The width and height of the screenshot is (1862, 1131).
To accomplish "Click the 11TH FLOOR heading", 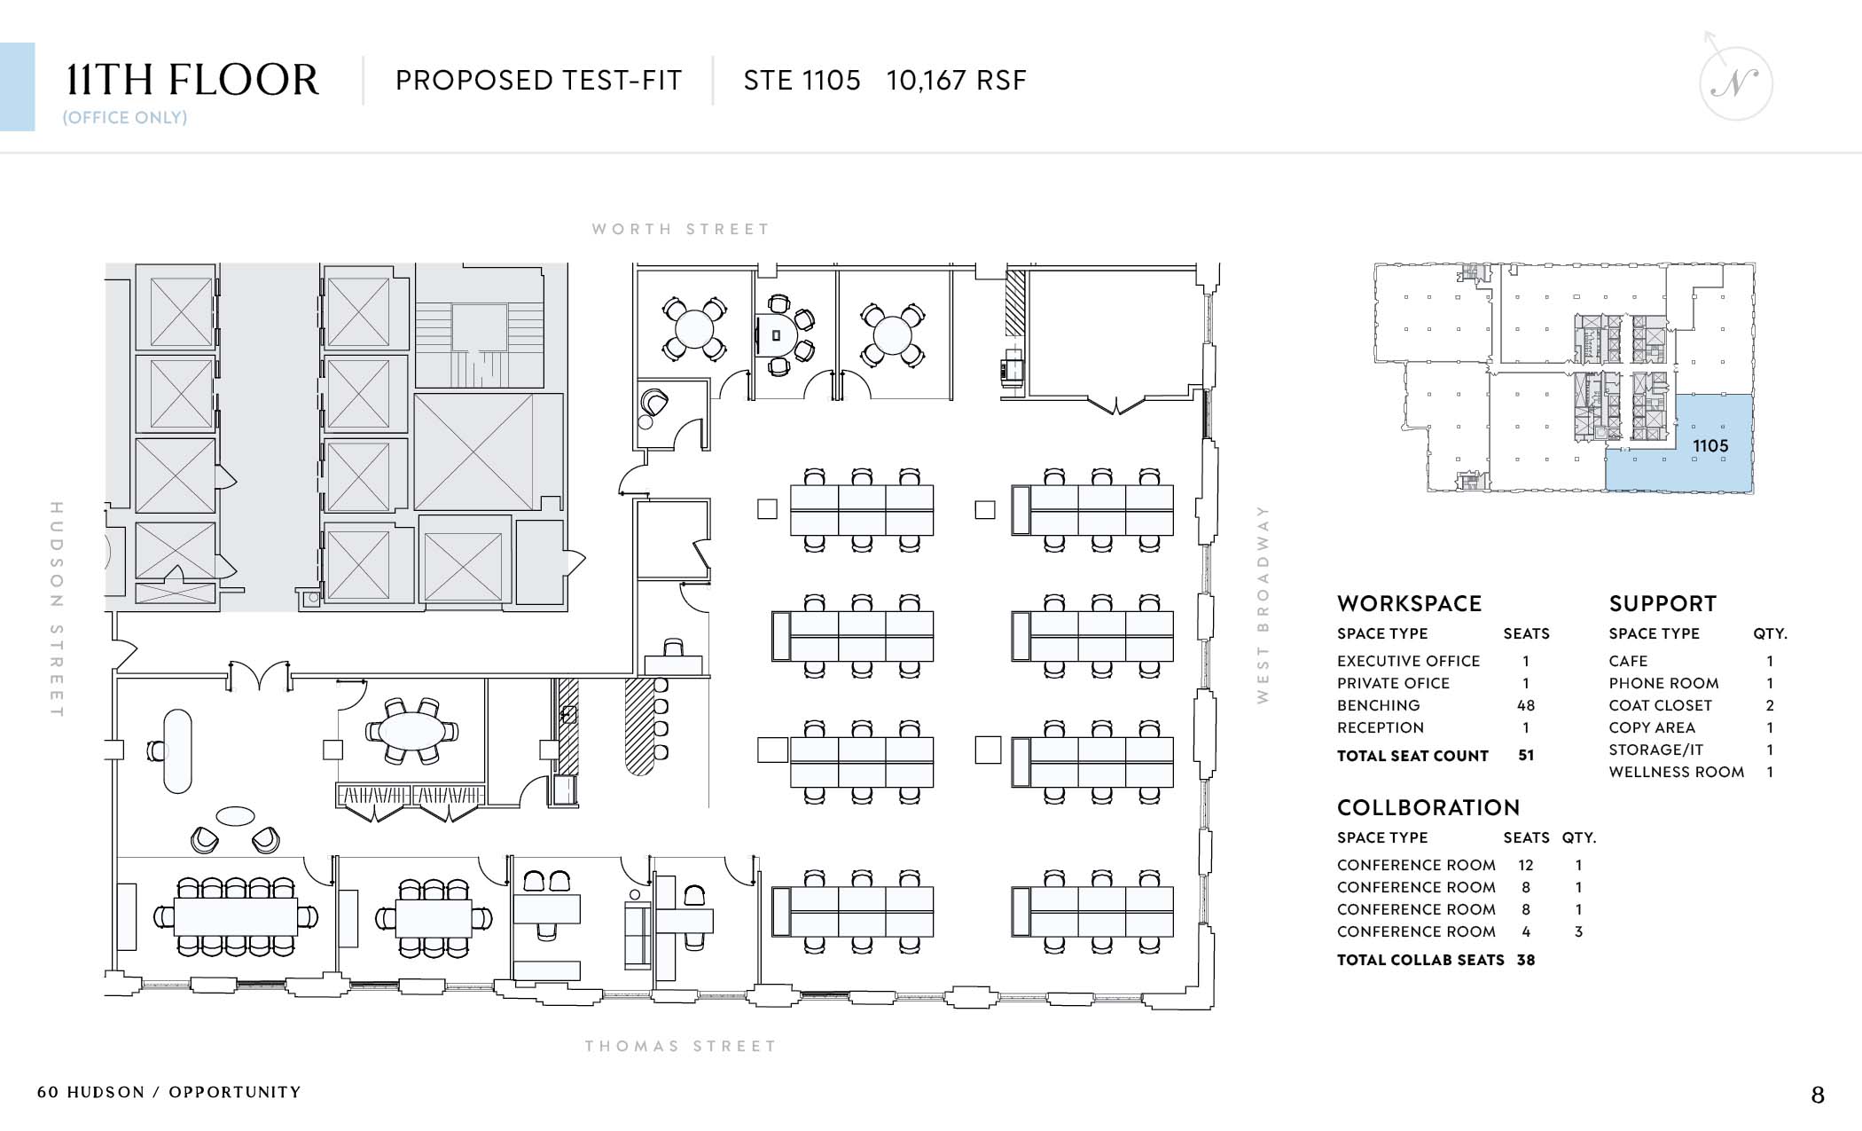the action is tap(192, 80).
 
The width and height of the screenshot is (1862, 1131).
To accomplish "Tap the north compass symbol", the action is tap(1734, 81).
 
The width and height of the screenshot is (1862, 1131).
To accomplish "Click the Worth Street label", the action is tap(681, 229).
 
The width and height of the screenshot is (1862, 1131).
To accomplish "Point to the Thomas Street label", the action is tap(680, 1046).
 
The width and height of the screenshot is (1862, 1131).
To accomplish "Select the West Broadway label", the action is tap(1263, 604).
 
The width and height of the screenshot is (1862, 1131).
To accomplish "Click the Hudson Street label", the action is tap(57, 609).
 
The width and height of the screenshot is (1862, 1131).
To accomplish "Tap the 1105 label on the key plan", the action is tap(1710, 446).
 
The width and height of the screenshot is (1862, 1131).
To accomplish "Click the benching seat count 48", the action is tap(1526, 705).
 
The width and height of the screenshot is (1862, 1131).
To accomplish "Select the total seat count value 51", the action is tap(1526, 756).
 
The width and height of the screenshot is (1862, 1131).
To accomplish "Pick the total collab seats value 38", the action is tap(1526, 960).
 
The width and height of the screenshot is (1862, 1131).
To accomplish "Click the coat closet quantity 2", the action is tap(1770, 705).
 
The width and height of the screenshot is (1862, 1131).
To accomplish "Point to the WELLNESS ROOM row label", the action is tap(1677, 772).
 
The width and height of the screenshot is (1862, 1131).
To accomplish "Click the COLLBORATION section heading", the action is tap(1428, 807).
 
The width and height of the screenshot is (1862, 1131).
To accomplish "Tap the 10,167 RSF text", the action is tap(957, 81).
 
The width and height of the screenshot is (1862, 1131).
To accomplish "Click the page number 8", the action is tap(1818, 1096).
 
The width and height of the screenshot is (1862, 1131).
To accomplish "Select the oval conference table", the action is tap(411, 732).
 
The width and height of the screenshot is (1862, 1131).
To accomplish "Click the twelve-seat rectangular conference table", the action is tap(236, 916).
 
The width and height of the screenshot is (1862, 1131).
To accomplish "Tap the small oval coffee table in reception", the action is tap(235, 815).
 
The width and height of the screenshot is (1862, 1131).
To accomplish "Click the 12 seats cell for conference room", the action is tap(1526, 865).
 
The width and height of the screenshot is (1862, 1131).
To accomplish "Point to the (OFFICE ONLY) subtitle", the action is tap(125, 118).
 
